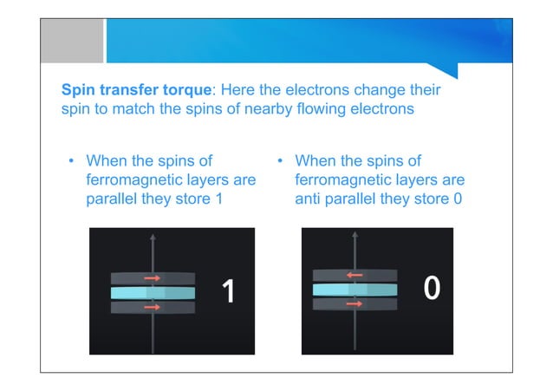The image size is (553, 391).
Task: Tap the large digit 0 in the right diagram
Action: (x=432, y=289)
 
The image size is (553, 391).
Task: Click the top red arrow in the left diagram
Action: (x=153, y=278)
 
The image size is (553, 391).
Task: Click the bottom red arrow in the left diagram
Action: (x=153, y=307)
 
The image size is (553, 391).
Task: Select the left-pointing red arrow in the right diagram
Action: (x=355, y=275)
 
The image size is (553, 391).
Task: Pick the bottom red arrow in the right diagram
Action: (x=355, y=303)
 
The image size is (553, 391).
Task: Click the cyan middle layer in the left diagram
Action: (x=153, y=293)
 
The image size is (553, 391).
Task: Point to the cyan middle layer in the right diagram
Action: (x=355, y=290)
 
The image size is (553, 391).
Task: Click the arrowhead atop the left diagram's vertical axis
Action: (x=153, y=237)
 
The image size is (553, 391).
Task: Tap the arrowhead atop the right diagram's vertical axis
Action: (x=355, y=234)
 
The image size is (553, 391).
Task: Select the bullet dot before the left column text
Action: (x=72, y=162)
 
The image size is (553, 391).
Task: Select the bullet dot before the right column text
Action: (x=281, y=162)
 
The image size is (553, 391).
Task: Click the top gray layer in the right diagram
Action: (x=355, y=275)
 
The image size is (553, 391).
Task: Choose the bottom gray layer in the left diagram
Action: (x=153, y=307)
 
